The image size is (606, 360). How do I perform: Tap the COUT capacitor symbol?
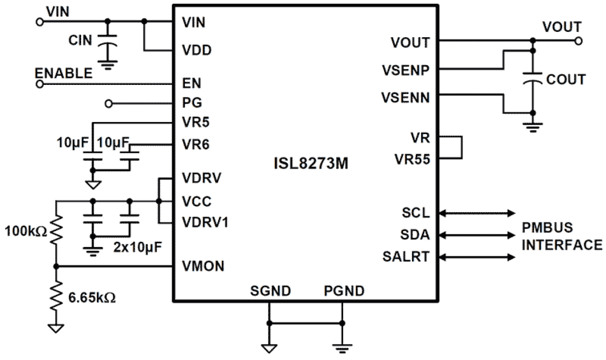(x=533, y=78)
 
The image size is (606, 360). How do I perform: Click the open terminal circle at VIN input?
(x=40, y=21)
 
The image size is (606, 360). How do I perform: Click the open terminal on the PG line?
(x=109, y=103)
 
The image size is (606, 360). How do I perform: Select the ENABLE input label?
(x=64, y=73)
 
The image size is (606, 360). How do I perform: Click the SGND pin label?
(x=271, y=291)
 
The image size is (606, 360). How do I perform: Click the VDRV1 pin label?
(x=206, y=223)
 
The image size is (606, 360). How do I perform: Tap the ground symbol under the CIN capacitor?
(x=107, y=64)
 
